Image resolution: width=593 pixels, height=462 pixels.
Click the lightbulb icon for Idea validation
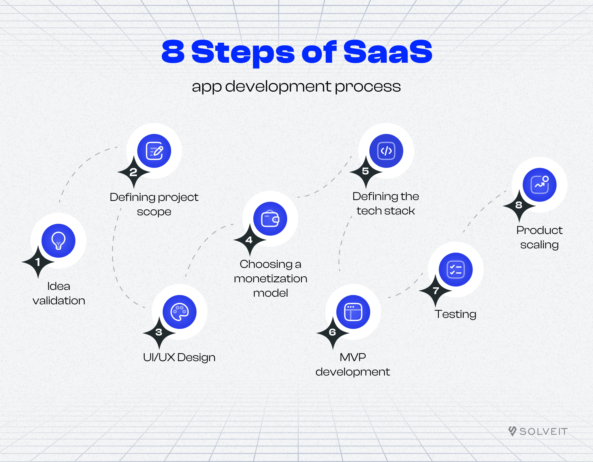pyautogui.click(x=58, y=241)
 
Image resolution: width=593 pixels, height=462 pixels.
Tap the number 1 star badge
pyautogui.click(x=38, y=262)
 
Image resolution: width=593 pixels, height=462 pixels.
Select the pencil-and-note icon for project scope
pyautogui.click(x=154, y=151)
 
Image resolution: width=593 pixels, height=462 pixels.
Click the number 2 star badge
pyautogui.click(x=134, y=172)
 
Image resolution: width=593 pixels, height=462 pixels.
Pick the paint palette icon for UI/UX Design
pyautogui.click(x=180, y=312)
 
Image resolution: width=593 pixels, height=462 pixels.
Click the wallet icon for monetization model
pyautogui.click(x=270, y=219)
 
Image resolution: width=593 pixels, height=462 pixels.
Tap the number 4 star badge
pyautogui.click(x=250, y=240)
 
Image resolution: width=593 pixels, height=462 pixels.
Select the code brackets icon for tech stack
pyautogui.click(x=386, y=151)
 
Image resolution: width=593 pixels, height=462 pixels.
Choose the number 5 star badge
pyautogui.click(x=366, y=172)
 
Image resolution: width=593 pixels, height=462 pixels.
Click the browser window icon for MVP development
pyautogui.click(x=353, y=312)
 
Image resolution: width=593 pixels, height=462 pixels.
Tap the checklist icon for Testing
pyautogui.click(x=456, y=270)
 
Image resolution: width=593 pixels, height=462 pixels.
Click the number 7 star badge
pyautogui.click(x=435, y=290)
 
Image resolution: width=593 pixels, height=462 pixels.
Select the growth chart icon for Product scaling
pyautogui.click(x=540, y=185)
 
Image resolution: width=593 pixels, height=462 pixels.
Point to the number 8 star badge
pyautogui.click(x=519, y=206)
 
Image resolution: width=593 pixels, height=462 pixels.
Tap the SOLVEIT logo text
pyautogui.click(x=544, y=431)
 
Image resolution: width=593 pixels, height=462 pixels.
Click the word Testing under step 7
pyautogui.click(x=455, y=314)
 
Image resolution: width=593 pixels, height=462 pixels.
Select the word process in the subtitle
pyautogui.click(x=368, y=87)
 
